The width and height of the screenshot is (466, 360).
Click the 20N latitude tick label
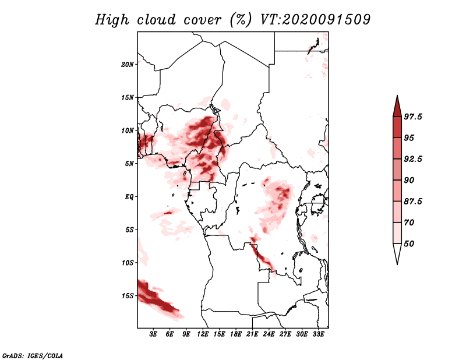pos(128,65)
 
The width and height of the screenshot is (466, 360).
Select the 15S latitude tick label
pos(128,296)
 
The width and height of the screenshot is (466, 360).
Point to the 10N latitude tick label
pos(128,130)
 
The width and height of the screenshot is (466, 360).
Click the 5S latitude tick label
pos(129,230)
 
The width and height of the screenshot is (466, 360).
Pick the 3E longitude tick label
pos(153,334)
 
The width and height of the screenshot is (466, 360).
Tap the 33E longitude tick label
pos(318,334)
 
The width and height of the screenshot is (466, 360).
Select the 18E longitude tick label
pos(236,334)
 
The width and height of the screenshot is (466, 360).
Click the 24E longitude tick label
pos(269,334)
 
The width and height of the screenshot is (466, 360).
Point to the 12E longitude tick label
pos(203,334)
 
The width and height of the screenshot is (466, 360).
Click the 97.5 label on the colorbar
pos(413,117)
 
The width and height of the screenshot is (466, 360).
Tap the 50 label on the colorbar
pos(409,243)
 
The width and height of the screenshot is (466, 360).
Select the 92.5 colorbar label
pos(413,159)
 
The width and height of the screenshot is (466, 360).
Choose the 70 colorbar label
pos(409,223)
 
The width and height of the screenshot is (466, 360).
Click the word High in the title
pos(112,20)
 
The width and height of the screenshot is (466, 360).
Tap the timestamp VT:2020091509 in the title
pos(315,20)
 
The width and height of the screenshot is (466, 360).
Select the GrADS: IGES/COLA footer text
pos(33,355)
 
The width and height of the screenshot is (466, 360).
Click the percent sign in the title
pos(241,20)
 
